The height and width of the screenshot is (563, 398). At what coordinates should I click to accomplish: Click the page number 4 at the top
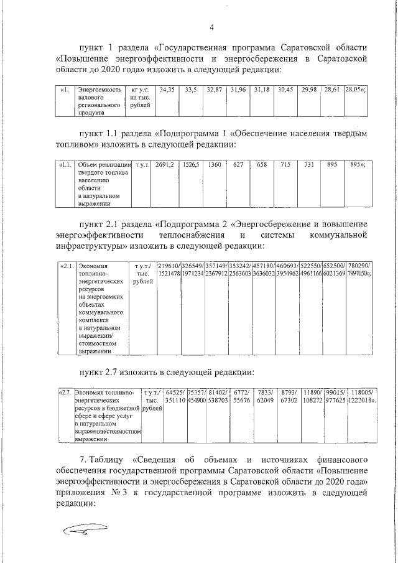tap(211, 27)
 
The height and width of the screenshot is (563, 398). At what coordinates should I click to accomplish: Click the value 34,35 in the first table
tap(166, 90)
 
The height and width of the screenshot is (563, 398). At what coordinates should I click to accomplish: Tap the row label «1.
tap(64, 90)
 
